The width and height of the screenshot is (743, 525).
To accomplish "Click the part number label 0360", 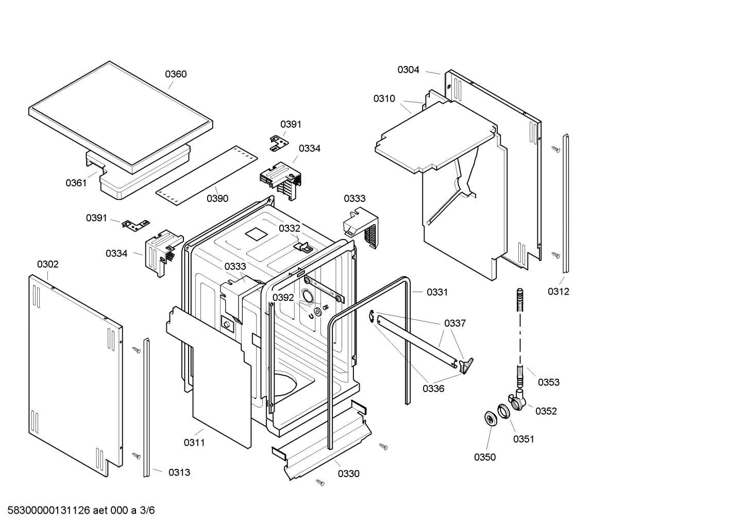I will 176,74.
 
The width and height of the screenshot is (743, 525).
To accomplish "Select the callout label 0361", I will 76,183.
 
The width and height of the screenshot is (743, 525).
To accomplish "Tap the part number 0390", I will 217,198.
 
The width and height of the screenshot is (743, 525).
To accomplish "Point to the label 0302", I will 47,264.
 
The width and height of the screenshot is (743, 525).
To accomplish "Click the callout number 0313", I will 179,472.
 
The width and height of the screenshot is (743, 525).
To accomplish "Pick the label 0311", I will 194,443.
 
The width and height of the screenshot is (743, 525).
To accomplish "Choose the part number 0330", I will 349,474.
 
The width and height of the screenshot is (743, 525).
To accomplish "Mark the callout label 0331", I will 437,292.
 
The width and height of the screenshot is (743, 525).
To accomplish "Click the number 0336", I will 433,388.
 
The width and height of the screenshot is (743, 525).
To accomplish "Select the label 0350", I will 485,457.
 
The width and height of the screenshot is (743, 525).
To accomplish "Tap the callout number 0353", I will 549,382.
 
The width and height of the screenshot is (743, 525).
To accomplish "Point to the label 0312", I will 559,292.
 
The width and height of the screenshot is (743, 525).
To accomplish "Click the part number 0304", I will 408,70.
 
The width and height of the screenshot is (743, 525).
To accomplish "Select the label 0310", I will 384,98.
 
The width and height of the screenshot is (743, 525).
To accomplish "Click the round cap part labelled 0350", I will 488,419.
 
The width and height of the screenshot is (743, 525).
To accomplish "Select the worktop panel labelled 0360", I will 121,116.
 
